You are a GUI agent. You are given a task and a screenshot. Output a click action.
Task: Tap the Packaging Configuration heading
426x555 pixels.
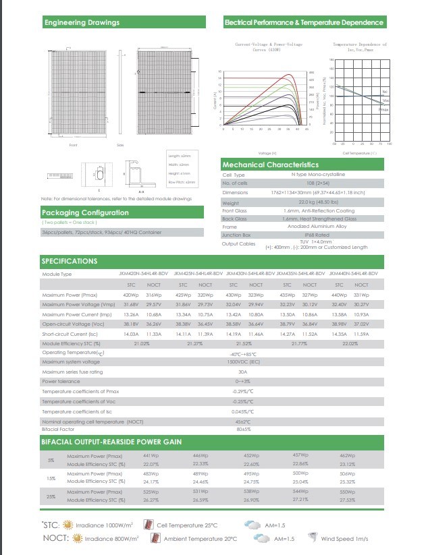tap(86, 213)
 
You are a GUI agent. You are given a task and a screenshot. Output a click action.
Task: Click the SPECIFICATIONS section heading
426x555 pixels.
tap(70, 261)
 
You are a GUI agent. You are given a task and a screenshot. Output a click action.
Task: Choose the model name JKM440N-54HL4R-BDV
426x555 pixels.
tap(352, 274)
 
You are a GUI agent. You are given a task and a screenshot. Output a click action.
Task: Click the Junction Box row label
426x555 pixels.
tap(238, 235)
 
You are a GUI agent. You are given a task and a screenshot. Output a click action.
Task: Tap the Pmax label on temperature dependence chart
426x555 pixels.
tap(383, 109)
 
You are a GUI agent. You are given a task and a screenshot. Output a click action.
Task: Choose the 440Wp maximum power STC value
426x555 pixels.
tap(339, 295)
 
